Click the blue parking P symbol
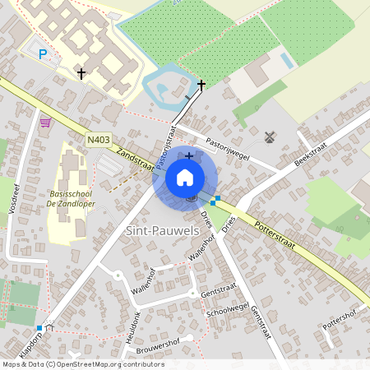[44, 54]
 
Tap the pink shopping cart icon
[45, 123]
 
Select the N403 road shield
[97, 141]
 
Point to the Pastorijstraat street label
[167, 143]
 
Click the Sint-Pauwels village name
[161, 232]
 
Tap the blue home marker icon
[185, 178]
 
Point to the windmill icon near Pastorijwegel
[269, 136]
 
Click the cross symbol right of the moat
[201, 85]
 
